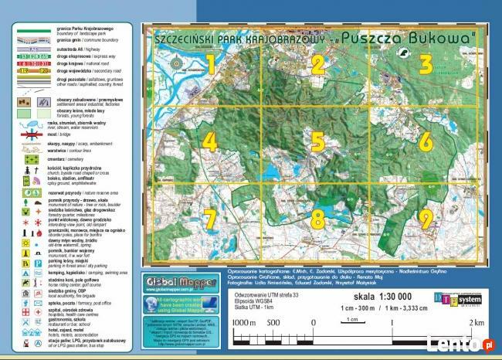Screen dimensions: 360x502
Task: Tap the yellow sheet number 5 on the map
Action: click(317, 141)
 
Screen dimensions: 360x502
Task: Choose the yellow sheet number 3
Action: click(426, 63)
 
